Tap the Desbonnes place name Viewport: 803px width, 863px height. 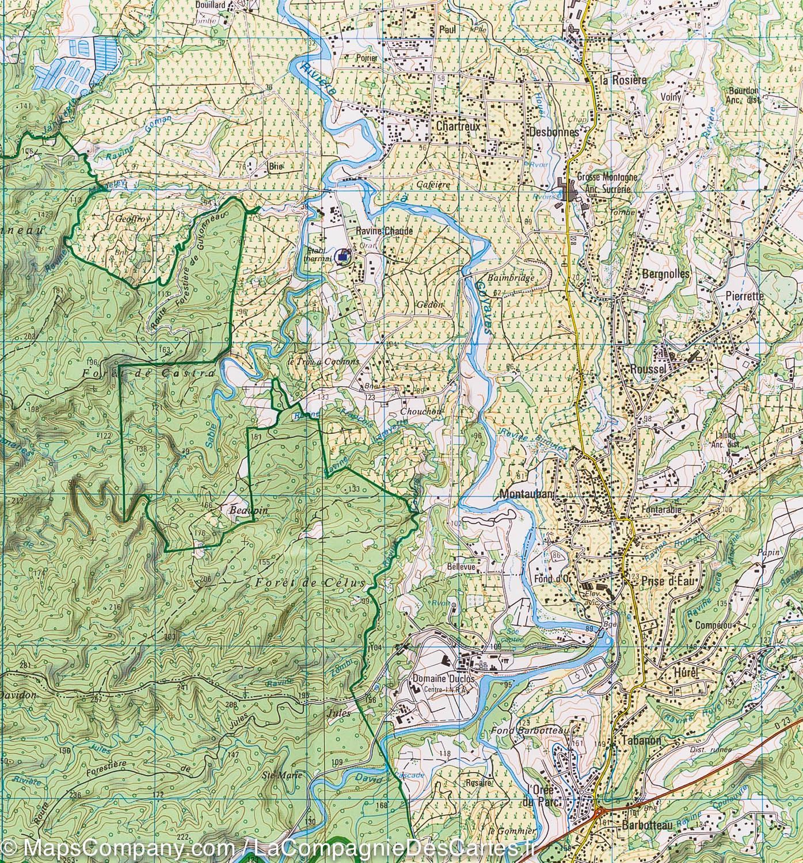552,131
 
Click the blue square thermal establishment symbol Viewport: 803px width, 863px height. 344,257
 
